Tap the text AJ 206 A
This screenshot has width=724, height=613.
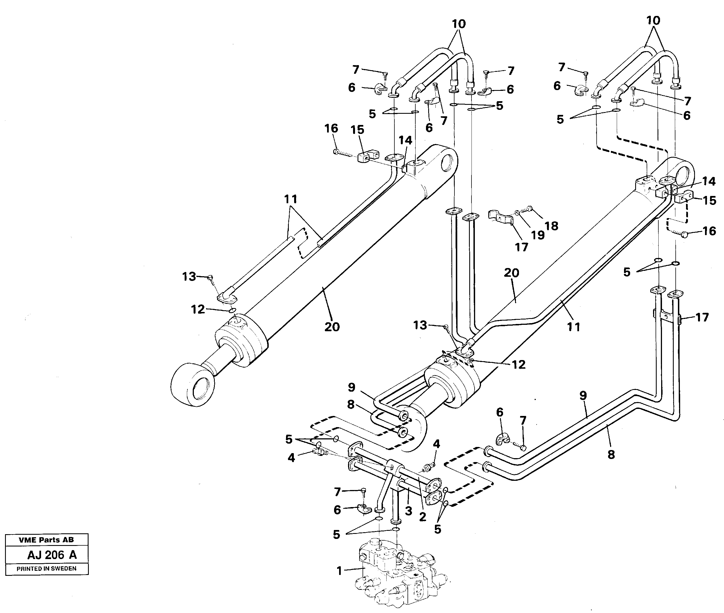click(52, 555)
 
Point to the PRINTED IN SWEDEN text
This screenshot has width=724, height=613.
click(47, 569)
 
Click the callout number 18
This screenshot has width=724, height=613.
click(551, 226)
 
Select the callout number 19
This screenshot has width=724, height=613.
click(537, 235)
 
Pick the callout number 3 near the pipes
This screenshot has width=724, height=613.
click(408, 511)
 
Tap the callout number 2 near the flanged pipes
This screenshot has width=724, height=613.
click(422, 517)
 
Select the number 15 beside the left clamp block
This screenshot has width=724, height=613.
click(357, 130)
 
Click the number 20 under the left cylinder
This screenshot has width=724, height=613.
click(332, 327)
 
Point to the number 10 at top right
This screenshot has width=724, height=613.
click(653, 20)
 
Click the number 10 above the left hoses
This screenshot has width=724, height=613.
click(459, 24)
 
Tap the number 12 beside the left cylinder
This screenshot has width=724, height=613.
click(198, 309)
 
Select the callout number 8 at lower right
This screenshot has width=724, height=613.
click(611, 455)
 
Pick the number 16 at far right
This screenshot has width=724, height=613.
click(709, 231)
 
